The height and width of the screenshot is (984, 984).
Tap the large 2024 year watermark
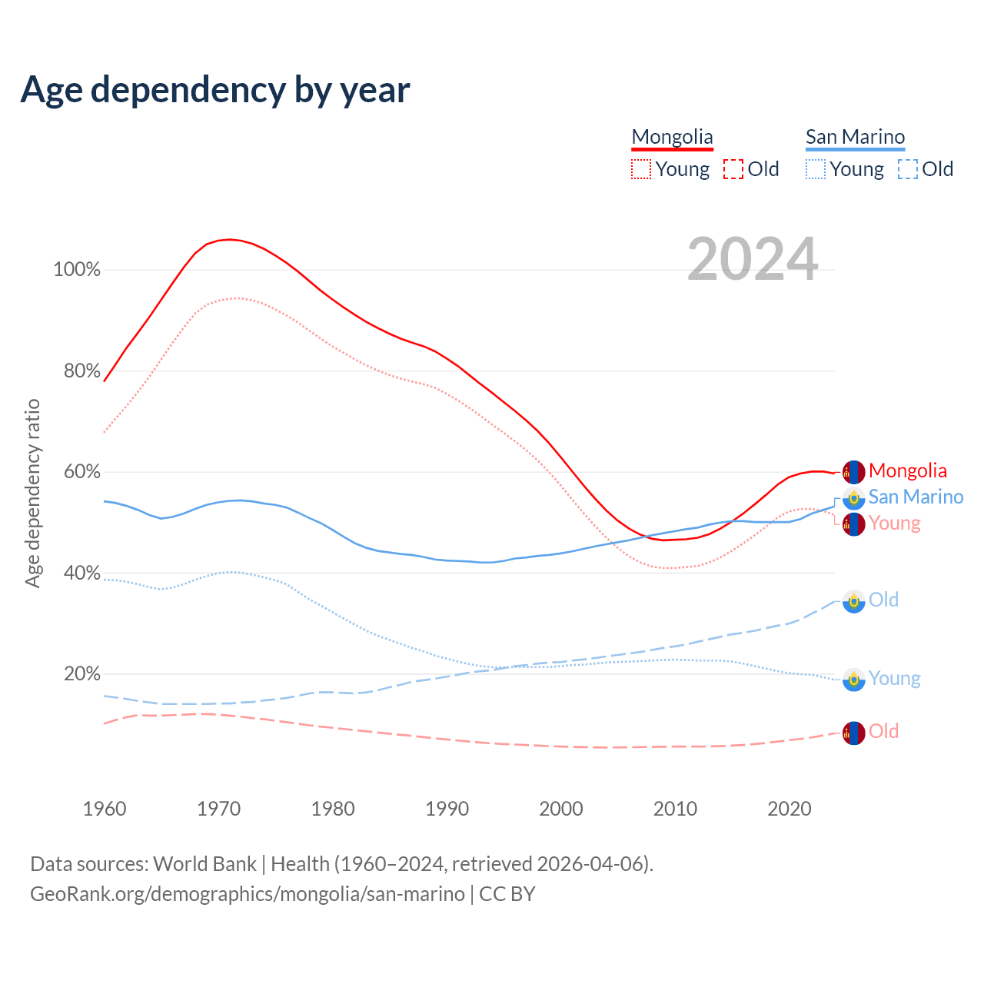click(753, 259)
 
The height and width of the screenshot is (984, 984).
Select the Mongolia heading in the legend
click(672, 137)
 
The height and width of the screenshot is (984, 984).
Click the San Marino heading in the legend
click(855, 137)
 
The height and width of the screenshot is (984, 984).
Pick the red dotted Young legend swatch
click(641, 169)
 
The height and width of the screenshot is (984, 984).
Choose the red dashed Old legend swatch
click(733, 169)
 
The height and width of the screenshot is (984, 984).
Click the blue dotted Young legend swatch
click(816, 169)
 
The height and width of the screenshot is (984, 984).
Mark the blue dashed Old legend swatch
click(908, 169)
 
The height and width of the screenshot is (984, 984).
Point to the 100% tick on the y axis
click(77, 270)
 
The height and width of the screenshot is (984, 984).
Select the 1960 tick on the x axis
click(105, 809)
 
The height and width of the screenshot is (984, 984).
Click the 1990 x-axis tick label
click(447, 809)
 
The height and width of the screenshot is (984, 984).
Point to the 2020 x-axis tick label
click(790, 809)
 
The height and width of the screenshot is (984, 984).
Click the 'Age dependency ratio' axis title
click(32, 493)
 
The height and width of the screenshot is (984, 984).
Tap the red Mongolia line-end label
click(908, 470)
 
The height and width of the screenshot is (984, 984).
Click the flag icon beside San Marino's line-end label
click(853, 498)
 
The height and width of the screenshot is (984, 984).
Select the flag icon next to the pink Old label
click(853, 733)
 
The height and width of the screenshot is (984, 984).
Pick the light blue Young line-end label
click(894, 678)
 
